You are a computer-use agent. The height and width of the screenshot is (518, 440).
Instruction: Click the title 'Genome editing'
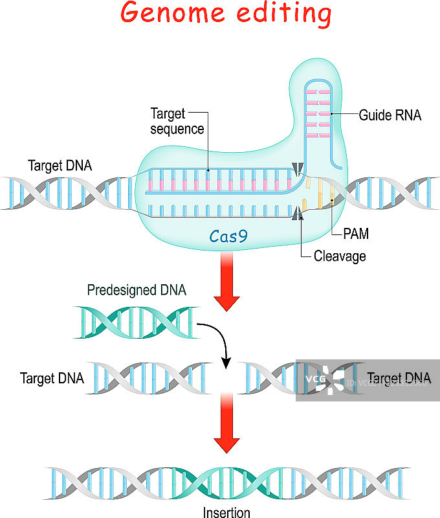coord(226,14)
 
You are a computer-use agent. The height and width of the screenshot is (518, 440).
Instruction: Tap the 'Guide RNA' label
coord(390,115)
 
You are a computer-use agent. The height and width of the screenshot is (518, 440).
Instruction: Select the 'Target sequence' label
coord(177,121)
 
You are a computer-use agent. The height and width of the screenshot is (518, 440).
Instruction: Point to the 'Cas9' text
coord(228,236)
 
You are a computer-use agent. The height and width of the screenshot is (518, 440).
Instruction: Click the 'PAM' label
coord(356,232)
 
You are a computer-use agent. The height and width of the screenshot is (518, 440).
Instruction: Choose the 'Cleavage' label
coord(340,256)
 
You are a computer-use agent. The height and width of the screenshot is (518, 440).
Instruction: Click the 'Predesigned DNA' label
coord(137,291)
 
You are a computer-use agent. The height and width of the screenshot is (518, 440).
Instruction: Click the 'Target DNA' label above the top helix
coord(60,165)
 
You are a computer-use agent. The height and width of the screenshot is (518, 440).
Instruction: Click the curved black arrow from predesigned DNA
coord(217,340)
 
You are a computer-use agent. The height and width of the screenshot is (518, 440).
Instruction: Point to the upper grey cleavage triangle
coord(297,169)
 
